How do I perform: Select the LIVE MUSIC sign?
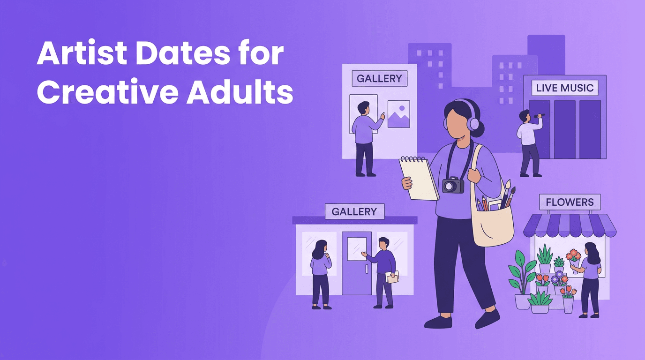[564, 88]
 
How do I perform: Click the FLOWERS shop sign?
[570, 202]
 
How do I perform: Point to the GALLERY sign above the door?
[354, 211]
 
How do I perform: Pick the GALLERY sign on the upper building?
[379, 79]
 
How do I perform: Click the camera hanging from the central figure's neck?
[453, 185]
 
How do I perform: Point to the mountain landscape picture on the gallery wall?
[398, 114]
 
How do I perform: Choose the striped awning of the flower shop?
[570, 225]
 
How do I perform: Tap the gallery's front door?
[357, 263]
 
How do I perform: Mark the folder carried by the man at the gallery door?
[392, 277]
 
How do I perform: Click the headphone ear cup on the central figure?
[474, 124]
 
